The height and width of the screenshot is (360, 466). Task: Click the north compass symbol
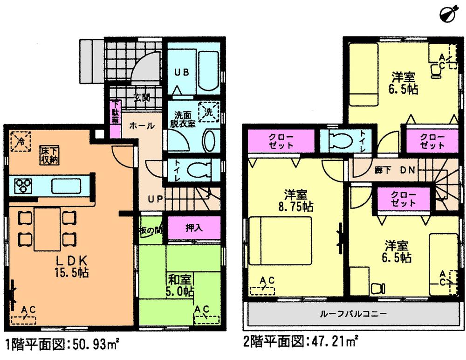(x=448, y=13)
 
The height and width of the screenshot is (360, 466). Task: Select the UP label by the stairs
(x=155, y=199)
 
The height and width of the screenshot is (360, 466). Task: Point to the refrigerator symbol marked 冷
(x=21, y=139)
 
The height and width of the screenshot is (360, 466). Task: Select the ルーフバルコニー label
(x=353, y=314)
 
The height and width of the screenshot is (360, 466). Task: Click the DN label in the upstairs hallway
(x=408, y=170)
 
